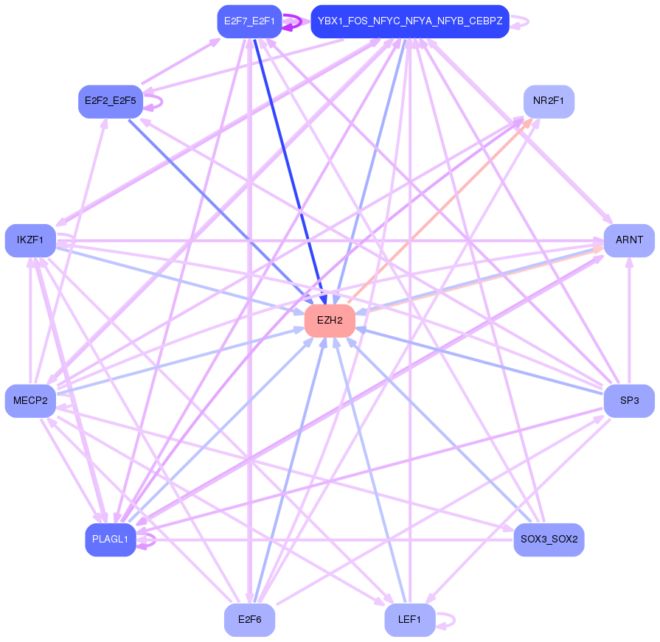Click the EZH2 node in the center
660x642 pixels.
(x=330, y=321)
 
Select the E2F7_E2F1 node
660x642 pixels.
(x=249, y=21)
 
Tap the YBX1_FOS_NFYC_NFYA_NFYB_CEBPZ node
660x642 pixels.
(x=409, y=21)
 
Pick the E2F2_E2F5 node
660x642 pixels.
(x=110, y=101)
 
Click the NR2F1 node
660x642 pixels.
(x=549, y=101)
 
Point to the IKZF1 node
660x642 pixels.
(x=30, y=240)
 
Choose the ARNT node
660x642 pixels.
(x=629, y=240)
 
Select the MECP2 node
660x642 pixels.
(x=30, y=401)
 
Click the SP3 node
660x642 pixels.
(x=629, y=401)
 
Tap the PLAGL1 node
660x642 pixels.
(x=110, y=540)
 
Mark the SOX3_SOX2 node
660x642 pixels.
(x=549, y=540)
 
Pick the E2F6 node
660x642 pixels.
(x=249, y=620)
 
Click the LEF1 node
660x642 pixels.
(x=409, y=620)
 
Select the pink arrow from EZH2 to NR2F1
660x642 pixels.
(x=442, y=209)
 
